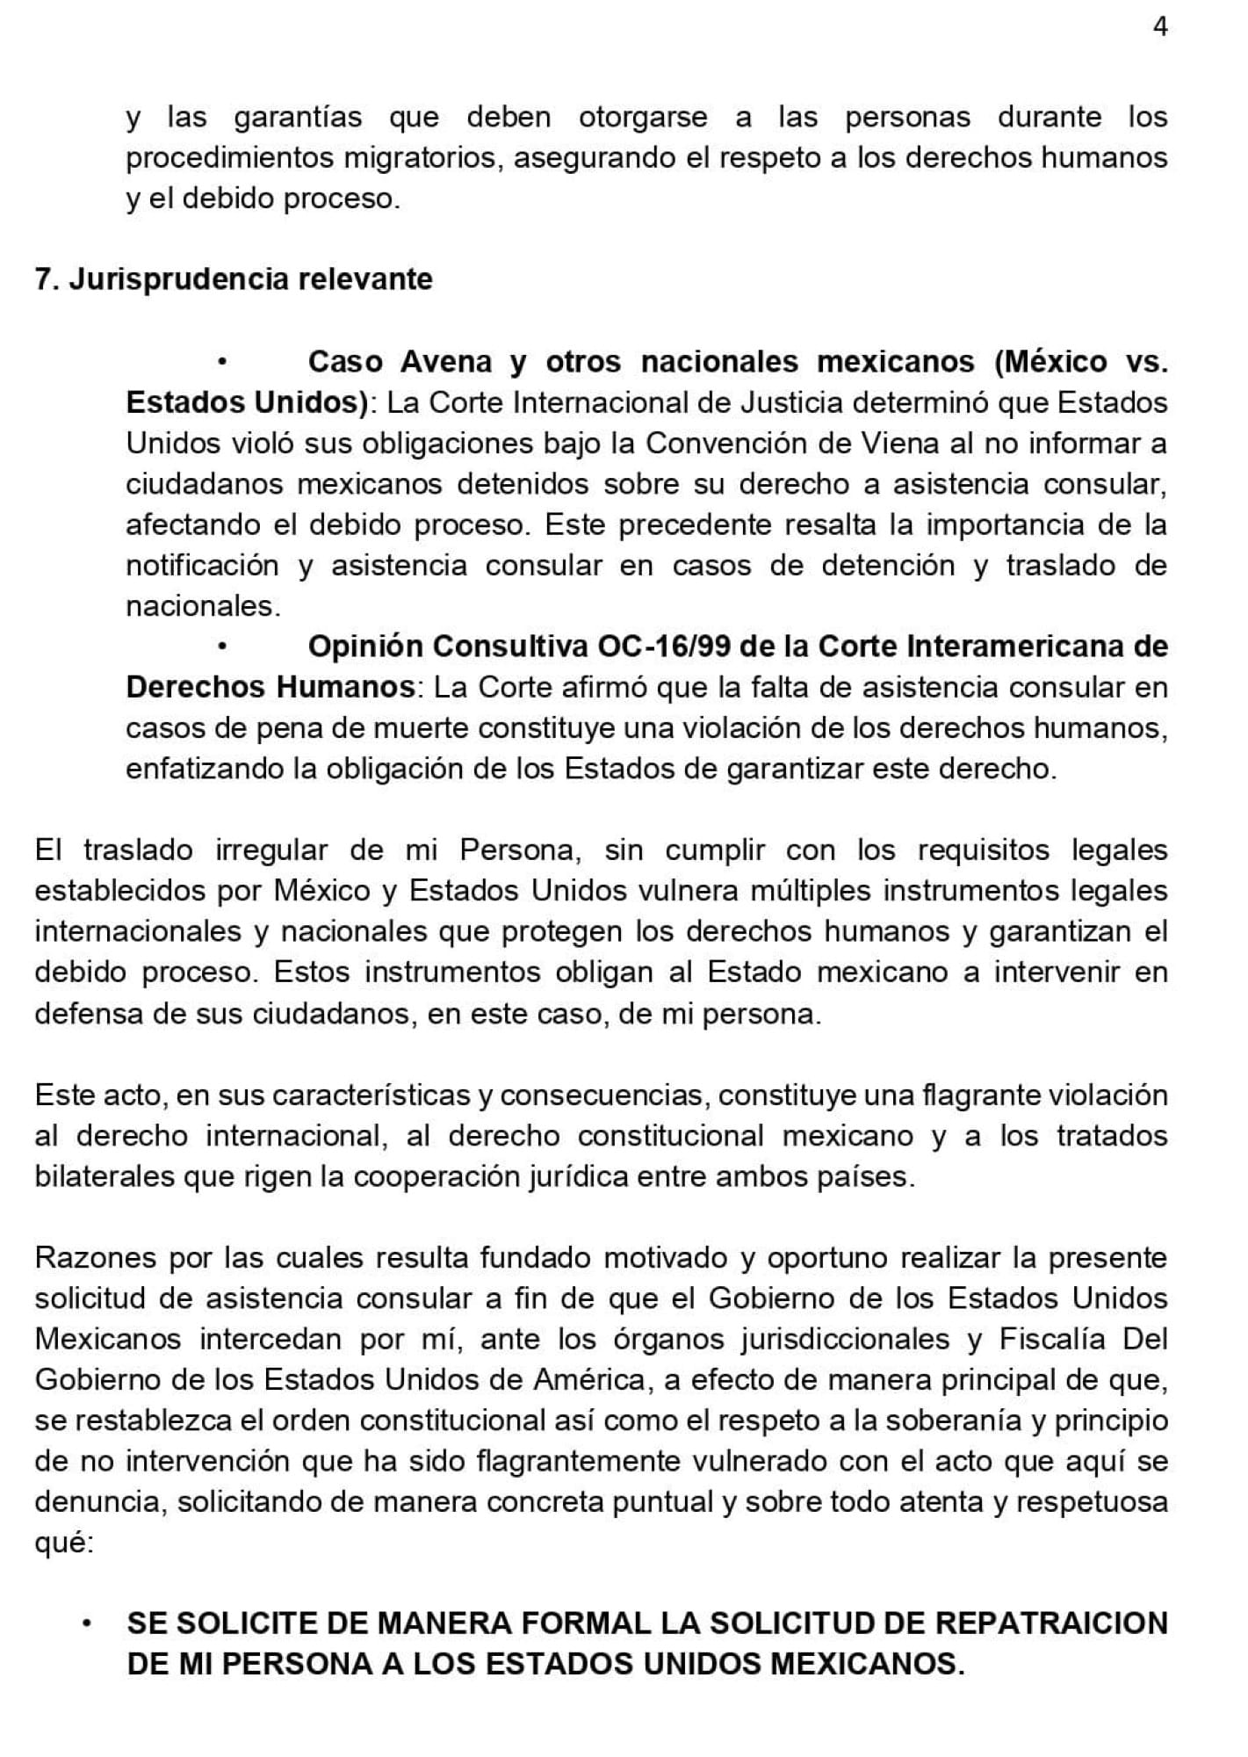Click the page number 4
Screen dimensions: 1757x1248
(1160, 28)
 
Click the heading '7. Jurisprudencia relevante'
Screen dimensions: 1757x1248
(234, 279)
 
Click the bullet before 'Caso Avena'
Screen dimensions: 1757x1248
(223, 362)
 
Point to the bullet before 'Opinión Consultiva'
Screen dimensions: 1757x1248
(223, 647)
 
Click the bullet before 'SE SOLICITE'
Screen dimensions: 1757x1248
(87, 1623)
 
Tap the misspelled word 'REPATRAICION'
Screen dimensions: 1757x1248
(1051, 1623)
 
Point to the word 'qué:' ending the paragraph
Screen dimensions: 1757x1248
(64, 1543)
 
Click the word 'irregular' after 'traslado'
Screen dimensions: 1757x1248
(271, 850)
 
